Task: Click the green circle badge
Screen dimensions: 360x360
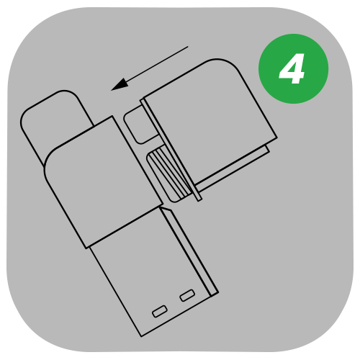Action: (293, 68)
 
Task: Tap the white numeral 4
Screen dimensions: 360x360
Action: (292, 68)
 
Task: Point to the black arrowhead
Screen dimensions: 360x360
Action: (121, 84)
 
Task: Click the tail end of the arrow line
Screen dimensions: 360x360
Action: (188, 47)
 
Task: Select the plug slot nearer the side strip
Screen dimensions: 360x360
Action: (187, 295)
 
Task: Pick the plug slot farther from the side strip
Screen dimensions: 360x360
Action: (160, 311)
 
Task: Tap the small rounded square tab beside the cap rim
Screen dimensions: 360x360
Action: (141, 125)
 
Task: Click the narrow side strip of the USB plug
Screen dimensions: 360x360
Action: (189, 251)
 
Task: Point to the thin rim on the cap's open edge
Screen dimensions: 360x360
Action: (171, 150)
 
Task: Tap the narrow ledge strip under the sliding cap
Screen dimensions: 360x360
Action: (233, 168)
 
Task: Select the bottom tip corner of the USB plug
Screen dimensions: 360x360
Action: (141, 337)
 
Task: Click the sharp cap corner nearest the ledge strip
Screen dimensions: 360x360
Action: (277, 138)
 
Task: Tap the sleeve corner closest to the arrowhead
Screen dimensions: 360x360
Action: (112, 116)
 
